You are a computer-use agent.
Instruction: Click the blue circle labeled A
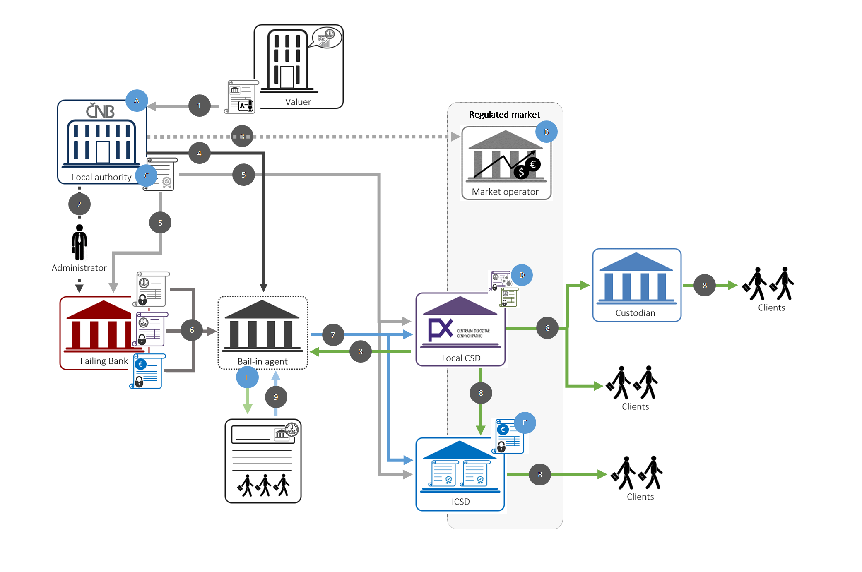click(x=137, y=101)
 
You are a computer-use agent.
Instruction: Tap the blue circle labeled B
click(x=546, y=132)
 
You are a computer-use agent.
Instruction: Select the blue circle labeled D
click(x=522, y=275)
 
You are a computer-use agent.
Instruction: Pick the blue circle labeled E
click(x=525, y=423)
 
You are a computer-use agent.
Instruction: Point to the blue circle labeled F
click(x=247, y=377)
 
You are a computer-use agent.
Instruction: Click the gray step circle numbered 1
click(x=199, y=106)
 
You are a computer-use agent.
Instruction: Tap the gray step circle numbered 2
click(x=79, y=204)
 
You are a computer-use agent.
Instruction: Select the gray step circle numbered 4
click(x=199, y=153)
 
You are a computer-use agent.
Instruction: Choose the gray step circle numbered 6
click(x=192, y=330)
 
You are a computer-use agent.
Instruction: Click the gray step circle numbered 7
click(x=333, y=335)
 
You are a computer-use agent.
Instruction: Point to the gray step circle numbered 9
click(x=276, y=397)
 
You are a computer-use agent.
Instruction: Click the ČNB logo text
click(x=101, y=111)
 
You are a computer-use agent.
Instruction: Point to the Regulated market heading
click(x=504, y=114)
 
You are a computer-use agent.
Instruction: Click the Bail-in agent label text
click(x=262, y=361)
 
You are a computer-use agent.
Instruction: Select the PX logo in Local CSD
click(x=440, y=329)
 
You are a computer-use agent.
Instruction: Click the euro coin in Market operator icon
click(x=533, y=164)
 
